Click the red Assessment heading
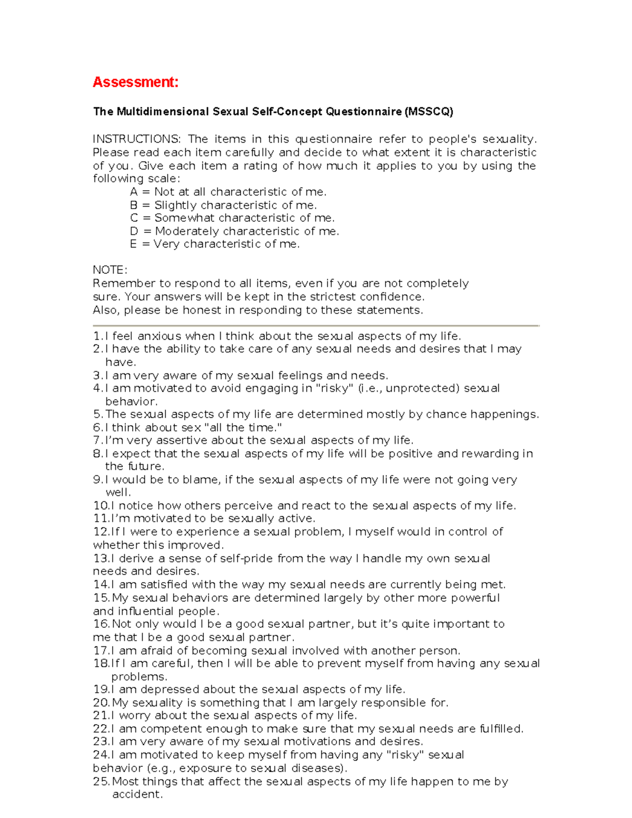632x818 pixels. click(x=135, y=82)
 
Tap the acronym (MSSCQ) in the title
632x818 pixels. click(x=429, y=112)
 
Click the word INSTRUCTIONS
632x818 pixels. click(x=136, y=139)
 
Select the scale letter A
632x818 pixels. click(x=134, y=192)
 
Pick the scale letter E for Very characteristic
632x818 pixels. click(x=133, y=244)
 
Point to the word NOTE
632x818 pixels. click(x=110, y=270)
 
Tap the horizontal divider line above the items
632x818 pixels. click(x=316, y=326)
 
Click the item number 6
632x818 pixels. click(x=98, y=428)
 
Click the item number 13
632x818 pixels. click(x=101, y=558)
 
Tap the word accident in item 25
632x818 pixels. click(x=137, y=794)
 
